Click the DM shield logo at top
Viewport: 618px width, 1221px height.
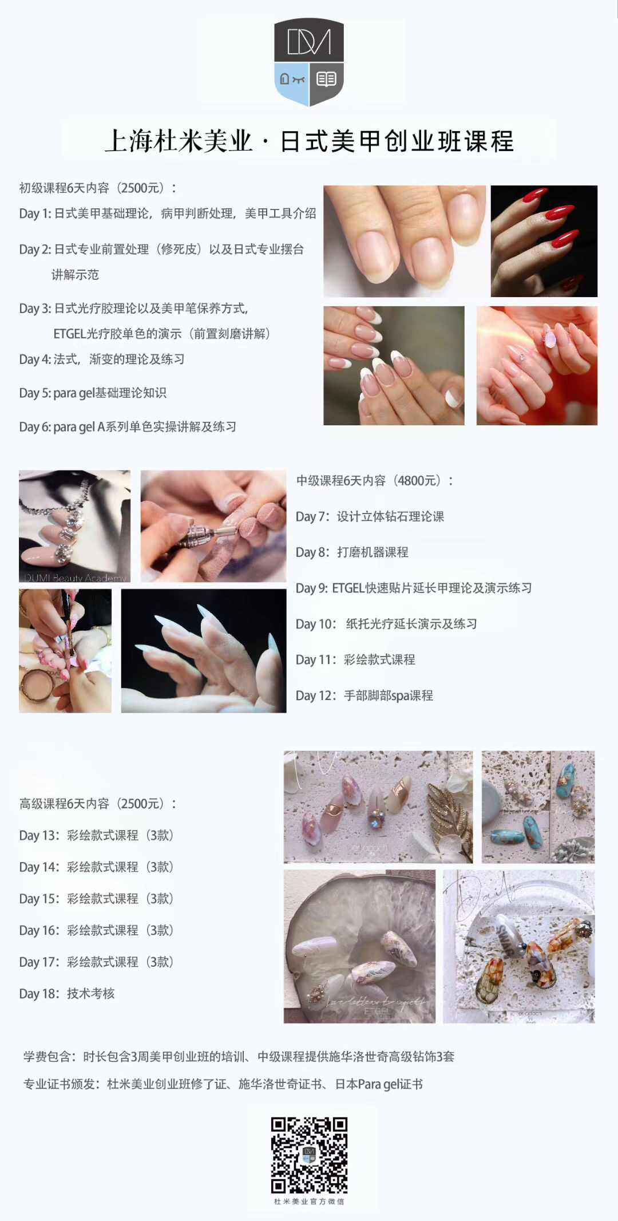tap(309, 62)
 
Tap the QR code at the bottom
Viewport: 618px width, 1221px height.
tap(309, 1155)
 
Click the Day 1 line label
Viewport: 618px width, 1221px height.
tap(35, 214)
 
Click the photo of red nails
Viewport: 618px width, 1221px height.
tap(544, 240)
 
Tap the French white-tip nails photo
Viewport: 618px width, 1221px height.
tap(394, 365)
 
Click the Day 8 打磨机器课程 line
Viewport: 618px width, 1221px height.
tap(352, 552)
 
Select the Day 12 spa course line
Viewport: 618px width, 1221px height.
tap(364, 696)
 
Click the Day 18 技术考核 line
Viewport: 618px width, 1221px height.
tap(66, 993)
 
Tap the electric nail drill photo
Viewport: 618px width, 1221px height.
tap(213, 525)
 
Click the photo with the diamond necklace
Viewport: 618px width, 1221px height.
tap(74, 525)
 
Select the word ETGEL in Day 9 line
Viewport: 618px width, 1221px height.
tap(348, 588)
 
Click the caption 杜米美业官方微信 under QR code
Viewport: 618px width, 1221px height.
tap(309, 1201)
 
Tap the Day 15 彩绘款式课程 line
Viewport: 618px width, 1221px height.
tap(96, 898)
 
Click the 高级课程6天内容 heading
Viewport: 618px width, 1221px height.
tap(64, 803)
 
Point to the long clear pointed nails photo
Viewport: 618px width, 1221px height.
tap(203, 650)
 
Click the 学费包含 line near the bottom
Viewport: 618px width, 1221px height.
tap(239, 1056)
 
